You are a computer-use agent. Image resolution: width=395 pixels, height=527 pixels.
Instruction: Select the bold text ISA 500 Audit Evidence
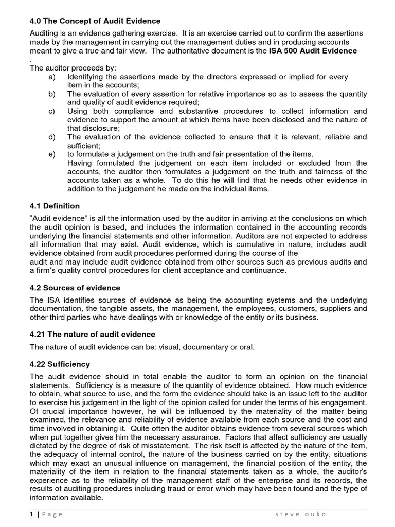point(313,51)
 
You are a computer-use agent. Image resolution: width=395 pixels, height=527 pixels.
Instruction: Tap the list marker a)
point(51,77)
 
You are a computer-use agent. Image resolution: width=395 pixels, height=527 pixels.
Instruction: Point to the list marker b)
point(51,94)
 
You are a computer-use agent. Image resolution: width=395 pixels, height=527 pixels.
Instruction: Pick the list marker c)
point(51,111)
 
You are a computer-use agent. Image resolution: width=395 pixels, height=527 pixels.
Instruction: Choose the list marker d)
point(51,137)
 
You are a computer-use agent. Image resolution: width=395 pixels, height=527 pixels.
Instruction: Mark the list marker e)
point(51,154)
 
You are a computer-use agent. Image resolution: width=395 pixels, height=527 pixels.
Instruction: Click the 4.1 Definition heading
point(55,206)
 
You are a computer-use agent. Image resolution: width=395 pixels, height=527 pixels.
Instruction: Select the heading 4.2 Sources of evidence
point(75,288)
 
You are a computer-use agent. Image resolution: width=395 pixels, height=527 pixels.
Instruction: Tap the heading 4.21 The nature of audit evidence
point(92,335)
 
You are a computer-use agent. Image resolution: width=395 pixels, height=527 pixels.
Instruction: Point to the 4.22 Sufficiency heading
point(60,364)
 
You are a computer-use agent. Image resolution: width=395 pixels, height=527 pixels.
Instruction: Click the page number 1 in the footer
point(31,514)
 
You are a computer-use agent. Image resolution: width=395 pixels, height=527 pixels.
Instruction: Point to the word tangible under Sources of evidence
point(111,309)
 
